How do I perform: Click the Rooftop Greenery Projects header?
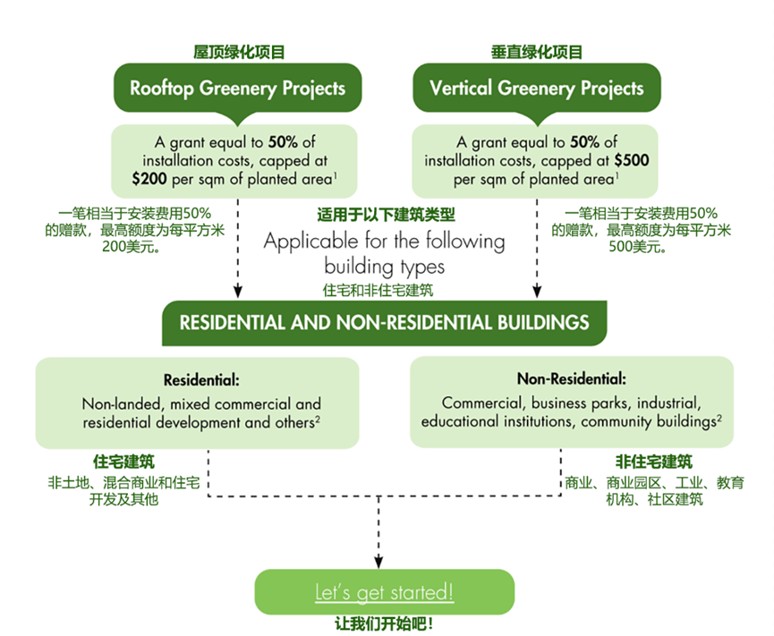237,89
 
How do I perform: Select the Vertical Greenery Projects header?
536,89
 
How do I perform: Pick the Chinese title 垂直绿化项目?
537,53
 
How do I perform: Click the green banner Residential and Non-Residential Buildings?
385,322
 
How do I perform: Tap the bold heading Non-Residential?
571,378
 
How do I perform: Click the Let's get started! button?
385,592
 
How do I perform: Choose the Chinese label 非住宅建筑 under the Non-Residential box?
653,462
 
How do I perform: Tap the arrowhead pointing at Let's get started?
378,560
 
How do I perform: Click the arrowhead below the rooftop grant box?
239,291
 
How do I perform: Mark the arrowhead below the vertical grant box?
538,291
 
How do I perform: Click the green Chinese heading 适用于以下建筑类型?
387,215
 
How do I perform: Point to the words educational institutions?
502,420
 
